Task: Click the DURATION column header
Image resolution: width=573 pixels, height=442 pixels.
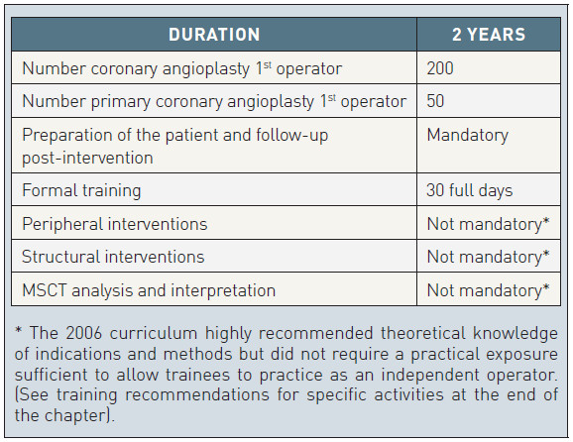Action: [214, 35]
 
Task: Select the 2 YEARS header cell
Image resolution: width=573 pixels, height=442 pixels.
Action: [489, 35]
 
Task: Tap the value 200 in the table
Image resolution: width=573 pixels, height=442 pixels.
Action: [440, 68]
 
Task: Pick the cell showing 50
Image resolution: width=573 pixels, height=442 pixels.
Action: [435, 101]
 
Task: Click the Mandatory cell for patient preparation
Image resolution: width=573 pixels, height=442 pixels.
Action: [467, 135]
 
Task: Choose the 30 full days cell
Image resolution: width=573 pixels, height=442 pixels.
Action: [470, 190]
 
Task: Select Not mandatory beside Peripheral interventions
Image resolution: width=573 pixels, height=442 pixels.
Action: [488, 224]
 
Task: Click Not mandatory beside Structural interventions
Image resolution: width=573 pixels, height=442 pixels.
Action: [488, 257]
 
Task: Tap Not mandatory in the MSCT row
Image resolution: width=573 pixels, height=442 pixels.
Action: [488, 290]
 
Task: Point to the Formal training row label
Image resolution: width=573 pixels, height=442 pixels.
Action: [81, 190]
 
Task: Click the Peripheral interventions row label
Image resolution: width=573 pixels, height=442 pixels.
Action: [115, 224]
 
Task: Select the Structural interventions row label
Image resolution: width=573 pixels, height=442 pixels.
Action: [113, 257]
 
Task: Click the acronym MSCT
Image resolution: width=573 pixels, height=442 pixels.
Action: [45, 290]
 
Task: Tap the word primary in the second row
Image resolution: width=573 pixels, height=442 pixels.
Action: [121, 102]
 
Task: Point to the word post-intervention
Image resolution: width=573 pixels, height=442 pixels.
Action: [87, 159]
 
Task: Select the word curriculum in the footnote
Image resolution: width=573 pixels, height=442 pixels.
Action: [153, 333]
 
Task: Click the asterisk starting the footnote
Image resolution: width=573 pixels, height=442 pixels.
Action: [18, 330]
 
